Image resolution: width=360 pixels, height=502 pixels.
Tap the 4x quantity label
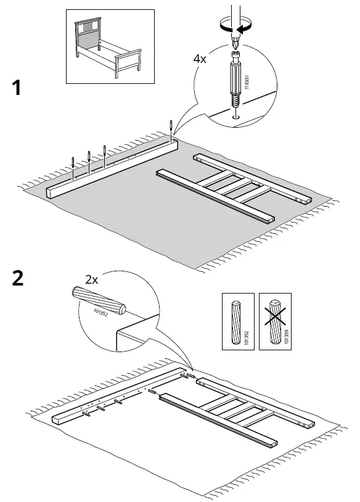click(202, 60)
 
